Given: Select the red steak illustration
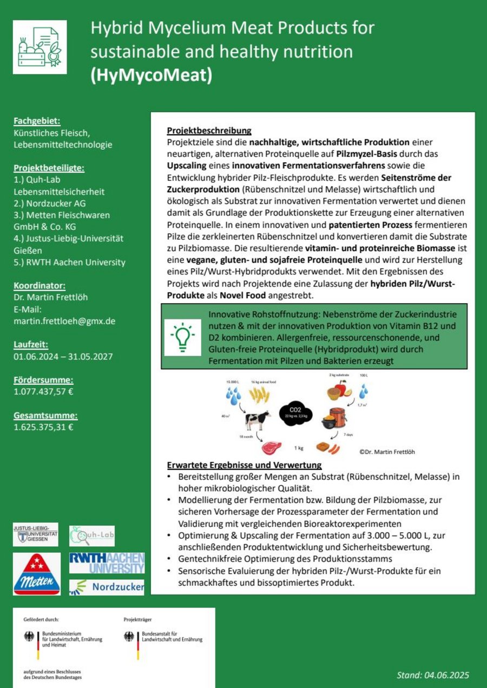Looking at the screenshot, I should pyautogui.click(x=271, y=447).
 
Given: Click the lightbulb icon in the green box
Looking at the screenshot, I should pyautogui.click(x=182, y=337).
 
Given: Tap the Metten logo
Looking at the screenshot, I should pyautogui.click(x=37, y=575).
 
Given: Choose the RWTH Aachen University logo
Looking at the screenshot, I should pyautogui.click(x=107, y=563).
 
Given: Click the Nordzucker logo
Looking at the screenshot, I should pyautogui.click(x=107, y=587).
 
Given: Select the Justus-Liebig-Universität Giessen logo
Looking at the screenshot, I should pyautogui.click(x=35, y=535).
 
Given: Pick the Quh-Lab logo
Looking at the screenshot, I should pyautogui.click(x=92, y=536).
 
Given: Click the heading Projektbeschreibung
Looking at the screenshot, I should pyautogui.click(x=209, y=131).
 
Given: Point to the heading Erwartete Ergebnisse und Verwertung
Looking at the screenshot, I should pyautogui.click(x=244, y=465).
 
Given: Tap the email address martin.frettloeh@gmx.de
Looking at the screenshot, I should pyautogui.click(x=64, y=321).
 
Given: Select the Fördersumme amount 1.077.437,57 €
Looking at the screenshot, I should pyautogui.click(x=43, y=391).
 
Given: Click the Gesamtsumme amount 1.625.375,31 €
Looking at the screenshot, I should pyautogui.click(x=43, y=427).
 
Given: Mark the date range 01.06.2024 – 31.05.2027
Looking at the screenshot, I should pyautogui.click(x=63, y=356).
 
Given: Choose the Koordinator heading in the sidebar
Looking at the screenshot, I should pyautogui.click(x=40, y=285).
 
